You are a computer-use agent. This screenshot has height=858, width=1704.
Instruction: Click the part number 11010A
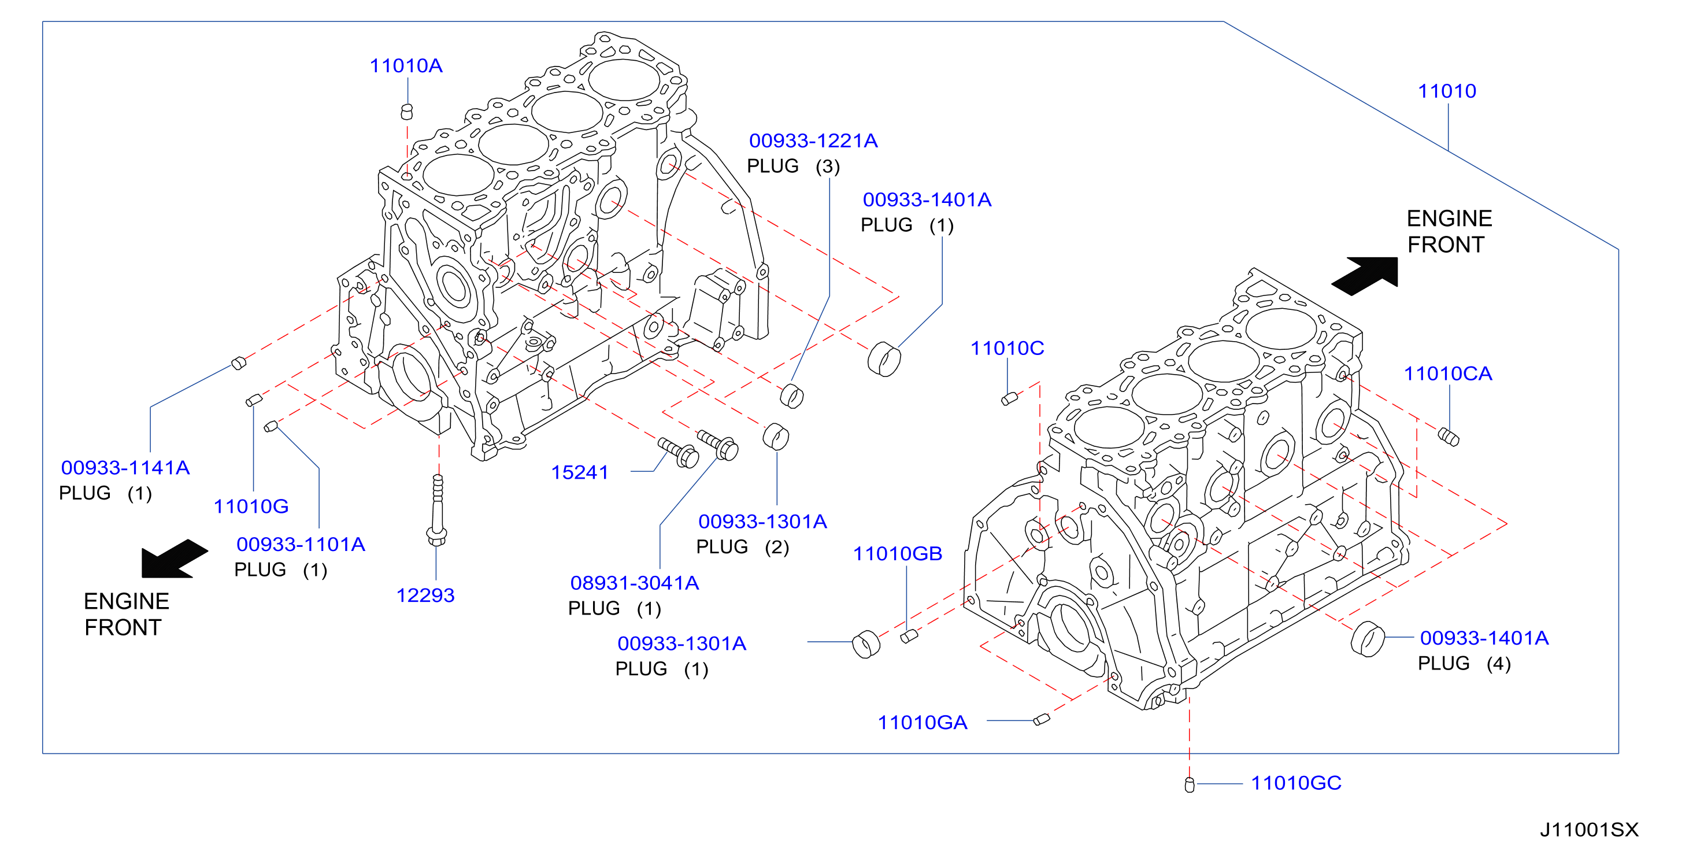[406, 65]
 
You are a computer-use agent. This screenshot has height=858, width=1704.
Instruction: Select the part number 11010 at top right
[1447, 91]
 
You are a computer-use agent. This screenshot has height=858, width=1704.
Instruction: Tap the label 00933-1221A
[813, 140]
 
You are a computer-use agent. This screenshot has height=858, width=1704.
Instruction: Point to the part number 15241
[580, 472]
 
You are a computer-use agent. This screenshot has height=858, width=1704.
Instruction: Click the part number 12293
[425, 596]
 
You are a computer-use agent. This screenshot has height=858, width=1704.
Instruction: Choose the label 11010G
[251, 506]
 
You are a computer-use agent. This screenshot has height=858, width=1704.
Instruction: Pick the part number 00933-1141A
[125, 468]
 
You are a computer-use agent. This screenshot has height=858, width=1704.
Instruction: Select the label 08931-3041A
[634, 583]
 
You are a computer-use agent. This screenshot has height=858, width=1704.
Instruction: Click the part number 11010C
[1007, 348]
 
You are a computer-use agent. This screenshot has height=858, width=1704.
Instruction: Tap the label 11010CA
[1448, 373]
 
